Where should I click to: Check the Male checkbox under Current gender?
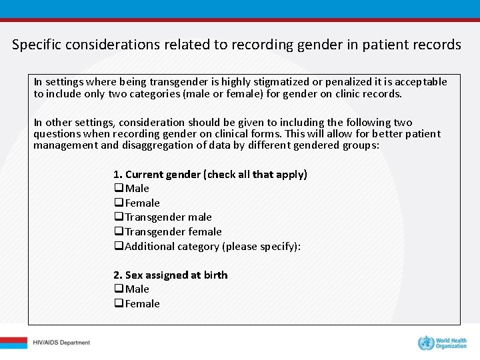point(119,189)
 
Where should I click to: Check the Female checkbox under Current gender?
point(119,203)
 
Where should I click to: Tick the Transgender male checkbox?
point(119,217)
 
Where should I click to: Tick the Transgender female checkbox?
point(119,232)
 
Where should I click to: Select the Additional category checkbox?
point(119,247)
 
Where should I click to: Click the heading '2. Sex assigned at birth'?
point(171,275)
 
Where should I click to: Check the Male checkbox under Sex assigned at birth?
point(119,289)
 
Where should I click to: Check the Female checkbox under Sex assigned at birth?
point(119,304)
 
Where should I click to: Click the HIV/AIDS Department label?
point(61,343)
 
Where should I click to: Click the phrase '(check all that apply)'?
point(257,174)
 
